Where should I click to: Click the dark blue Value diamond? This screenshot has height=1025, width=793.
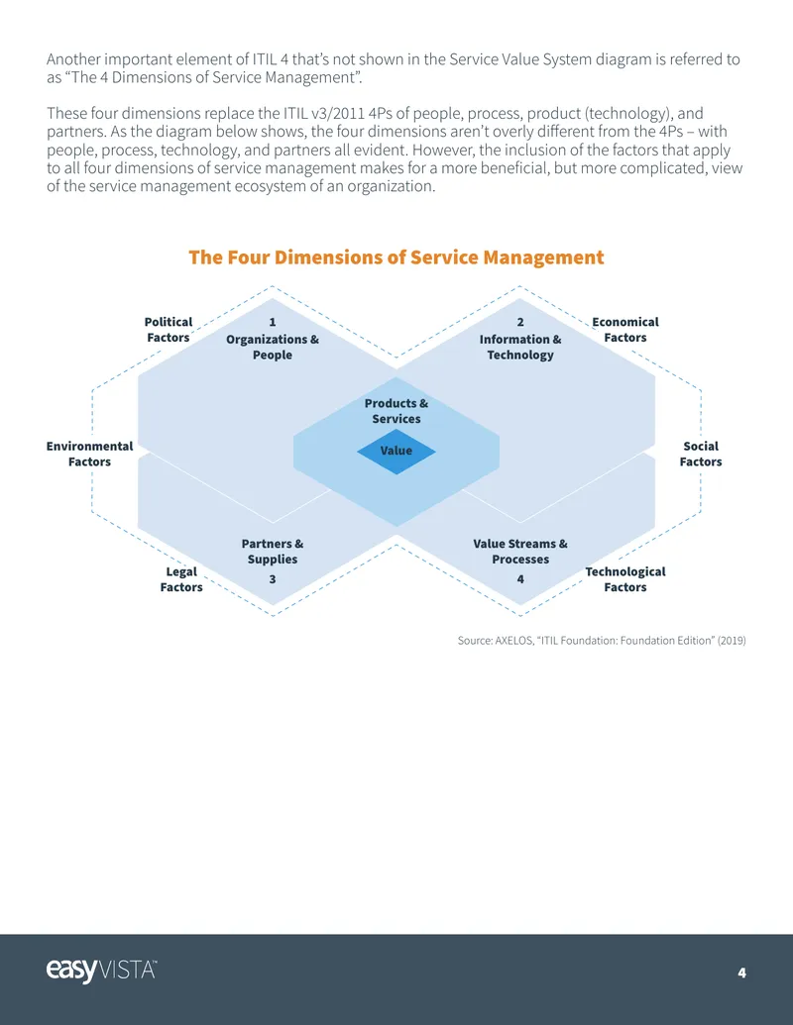tap(396, 451)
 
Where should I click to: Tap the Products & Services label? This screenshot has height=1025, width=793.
tap(396, 411)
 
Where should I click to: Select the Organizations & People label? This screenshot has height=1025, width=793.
tap(273, 348)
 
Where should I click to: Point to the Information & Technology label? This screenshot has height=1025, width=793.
tap(520, 348)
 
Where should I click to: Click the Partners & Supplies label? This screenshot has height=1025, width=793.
tap(273, 551)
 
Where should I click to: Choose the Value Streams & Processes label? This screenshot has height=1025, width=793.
tap(520, 551)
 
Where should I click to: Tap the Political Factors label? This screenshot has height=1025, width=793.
tap(169, 330)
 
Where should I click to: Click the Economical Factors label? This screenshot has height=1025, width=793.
tap(624, 330)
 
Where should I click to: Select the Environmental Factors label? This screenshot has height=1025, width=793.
tap(89, 454)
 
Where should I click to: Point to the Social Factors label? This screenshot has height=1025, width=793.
tap(700, 454)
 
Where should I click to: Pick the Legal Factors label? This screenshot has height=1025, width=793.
tap(181, 579)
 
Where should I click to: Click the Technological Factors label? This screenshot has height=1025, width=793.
tap(624, 579)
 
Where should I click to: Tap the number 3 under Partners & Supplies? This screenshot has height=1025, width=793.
tap(273, 579)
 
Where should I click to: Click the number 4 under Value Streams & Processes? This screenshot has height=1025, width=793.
tap(520, 579)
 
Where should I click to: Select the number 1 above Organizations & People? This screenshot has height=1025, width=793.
tap(273, 322)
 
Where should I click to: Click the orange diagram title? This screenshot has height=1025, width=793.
tap(396, 256)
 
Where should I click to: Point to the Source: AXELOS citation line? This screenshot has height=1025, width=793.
tap(602, 641)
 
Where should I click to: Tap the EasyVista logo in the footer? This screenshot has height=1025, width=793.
tap(101, 971)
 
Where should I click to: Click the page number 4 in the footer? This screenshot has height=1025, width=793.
tap(742, 973)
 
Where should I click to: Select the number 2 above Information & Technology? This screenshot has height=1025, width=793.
tap(520, 322)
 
